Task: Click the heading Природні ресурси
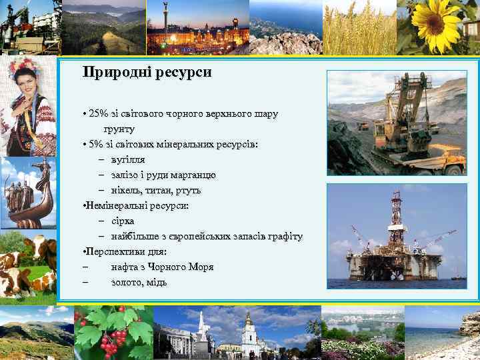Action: point(147,73)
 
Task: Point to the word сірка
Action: point(123,221)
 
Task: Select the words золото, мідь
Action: point(139,282)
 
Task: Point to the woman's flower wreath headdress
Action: point(27,68)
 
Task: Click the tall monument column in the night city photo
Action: point(165,17)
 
